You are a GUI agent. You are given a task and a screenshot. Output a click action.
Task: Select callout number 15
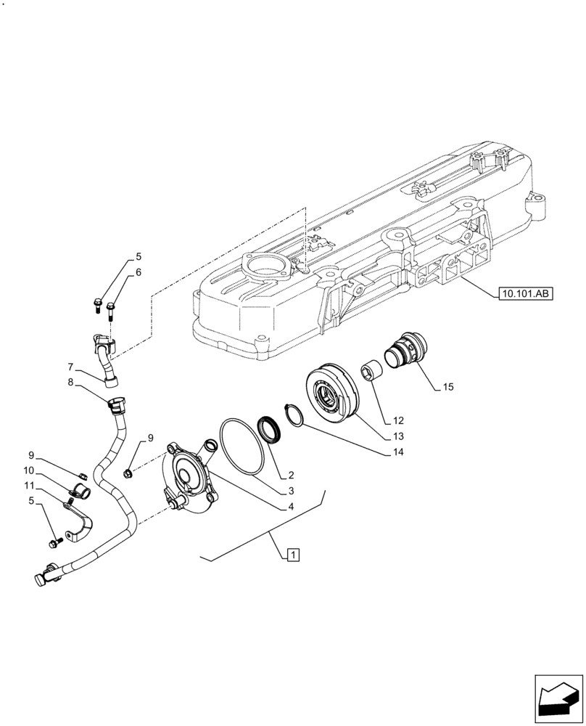pyautogui.click(x=447, y=388)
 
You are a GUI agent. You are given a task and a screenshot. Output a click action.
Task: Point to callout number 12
pyautogui.click(x=398, y=420)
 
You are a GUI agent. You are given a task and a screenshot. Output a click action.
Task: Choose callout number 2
pyautogui.click(x=290, y=476)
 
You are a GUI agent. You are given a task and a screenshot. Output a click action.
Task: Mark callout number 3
pyautogui.click(x=290, y=491)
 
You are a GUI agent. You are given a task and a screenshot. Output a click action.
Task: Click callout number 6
pyautogui.click(x=138, y=272)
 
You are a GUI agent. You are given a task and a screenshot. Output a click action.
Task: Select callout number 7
pyautogui.click(x=71, y=366)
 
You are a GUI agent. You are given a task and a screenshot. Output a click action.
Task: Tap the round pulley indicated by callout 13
pyautogui.click(x=334, y=396)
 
